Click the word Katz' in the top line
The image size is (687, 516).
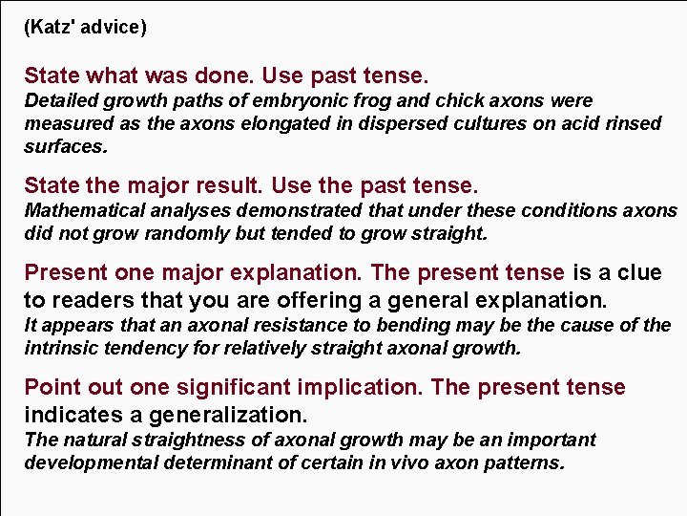coord(51,28)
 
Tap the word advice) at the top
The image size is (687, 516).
coord(114,28)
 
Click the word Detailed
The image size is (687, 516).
coord(60,100)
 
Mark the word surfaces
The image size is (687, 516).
coord(66,146)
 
